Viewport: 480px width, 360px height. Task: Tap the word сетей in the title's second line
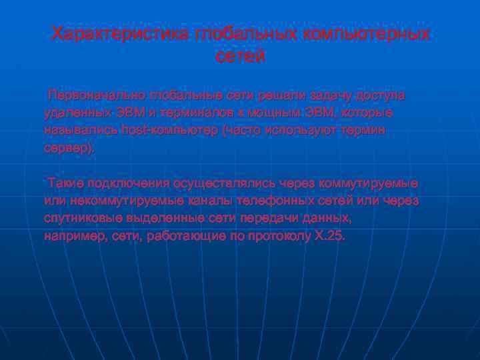point(241,57)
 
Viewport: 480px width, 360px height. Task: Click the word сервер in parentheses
point(67,148)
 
